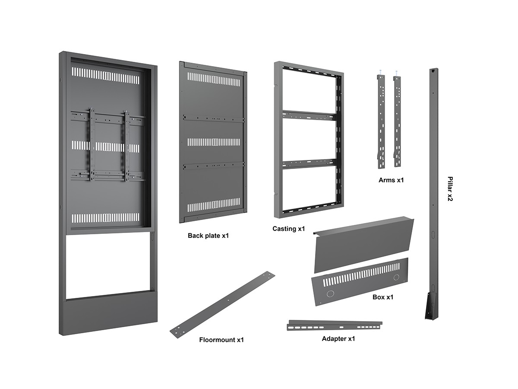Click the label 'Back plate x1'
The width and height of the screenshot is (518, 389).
click(x=208, y=236)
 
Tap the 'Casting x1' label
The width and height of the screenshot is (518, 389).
click(x=289, y=228)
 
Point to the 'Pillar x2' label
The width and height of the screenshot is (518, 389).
click(x=450, y=189)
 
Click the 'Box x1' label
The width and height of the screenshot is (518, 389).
click(x=383, y=297)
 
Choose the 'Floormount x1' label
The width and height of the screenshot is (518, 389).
click(x=221, y=340)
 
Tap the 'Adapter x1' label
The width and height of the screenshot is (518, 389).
click(x=338, y=338)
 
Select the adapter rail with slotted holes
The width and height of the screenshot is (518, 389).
click(x=335, y=325)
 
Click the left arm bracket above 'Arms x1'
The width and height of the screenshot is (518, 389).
click(x=381, y=121)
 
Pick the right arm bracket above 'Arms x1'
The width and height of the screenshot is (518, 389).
click(x=397, y=121)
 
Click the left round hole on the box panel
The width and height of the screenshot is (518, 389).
click(x=330, y=294)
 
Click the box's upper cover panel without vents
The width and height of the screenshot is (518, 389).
click(x=363, y=244)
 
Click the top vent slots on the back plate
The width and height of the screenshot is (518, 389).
click(x=213, y=79)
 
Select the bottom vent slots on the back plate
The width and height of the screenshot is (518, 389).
click(x=213, y=205)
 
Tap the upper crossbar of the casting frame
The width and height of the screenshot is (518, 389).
click(x=309, y=115)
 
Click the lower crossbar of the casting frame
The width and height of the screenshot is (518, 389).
click(x=309, y=163)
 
